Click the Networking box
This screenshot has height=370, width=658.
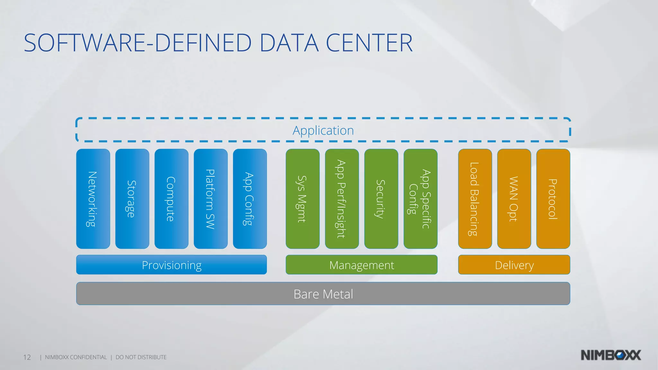pyautogui.click(x=93, y=199)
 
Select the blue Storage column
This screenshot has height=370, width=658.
pyautogui.click(x=132, y=199)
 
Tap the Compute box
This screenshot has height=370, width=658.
pyautogui.click(x=171, y=199)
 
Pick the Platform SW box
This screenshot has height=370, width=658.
pyautogui.click(x=210, y=199)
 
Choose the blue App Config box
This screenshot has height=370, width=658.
pyautogui.click(x=250, y=199)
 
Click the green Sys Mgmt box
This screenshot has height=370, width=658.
pyautogui.click(x=302, y=199)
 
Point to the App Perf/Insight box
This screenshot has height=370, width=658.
pyautogui.click(x=342, y=199)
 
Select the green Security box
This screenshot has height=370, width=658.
pyautogui.click(x=381, y=199)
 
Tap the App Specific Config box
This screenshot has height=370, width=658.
pyautogui.click(x=420, y=199)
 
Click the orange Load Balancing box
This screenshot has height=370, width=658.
pyautogui.click(x=475, y=199)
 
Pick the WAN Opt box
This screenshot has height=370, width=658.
pyautogui.click(x=514, y=199)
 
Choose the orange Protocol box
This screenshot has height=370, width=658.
pyautogui.click(x=553, y=199)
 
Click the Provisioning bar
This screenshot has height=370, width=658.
pyautogui.click(x=171, y=265)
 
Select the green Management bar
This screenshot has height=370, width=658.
pyautogui.click(x=361, y=265)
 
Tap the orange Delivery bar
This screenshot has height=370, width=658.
pyautogui.click(x=514, y=265)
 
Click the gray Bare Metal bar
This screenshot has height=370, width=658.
pyautogui.click(x=323, y=294)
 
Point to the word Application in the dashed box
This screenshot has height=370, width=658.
pyautogui.click(x=323, y=130)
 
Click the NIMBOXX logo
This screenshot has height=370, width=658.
pyautogui.click(x=610, y=355)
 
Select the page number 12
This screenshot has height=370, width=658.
pyautogui.click(x=27, y=357)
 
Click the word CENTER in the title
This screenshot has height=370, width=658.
pyautogui.click(x=369, y=43)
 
